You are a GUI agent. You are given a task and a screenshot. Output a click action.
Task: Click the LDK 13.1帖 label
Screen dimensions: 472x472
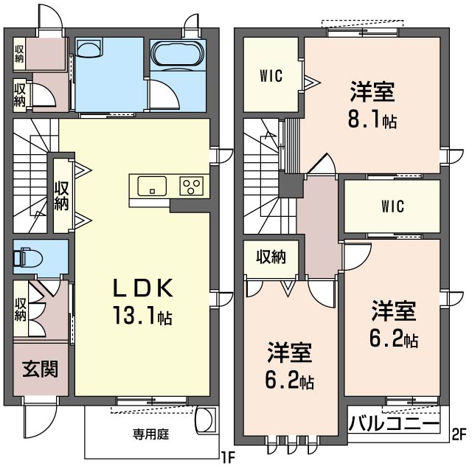tap(142, 302)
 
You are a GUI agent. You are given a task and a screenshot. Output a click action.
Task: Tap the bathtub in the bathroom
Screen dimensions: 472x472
tap(178, 54)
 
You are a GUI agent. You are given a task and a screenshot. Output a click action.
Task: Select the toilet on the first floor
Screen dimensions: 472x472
tap(28, 257)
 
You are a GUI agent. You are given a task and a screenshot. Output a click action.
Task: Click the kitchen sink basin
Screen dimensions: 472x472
tap(152, 186)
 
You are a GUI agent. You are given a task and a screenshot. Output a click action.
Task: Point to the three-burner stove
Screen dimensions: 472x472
tap(192, 186)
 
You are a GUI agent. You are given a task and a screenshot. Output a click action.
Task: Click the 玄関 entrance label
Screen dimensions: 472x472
tap(40, 369)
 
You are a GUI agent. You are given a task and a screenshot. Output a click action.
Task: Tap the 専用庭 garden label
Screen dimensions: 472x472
tap(150, 434)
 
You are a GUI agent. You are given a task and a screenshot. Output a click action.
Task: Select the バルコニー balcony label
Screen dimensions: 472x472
tap(394, 423)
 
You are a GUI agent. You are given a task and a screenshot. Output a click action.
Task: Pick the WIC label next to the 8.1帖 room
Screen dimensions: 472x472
tap(271, 76)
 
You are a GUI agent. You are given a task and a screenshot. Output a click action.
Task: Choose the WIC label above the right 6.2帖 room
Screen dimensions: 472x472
tap(392, 206)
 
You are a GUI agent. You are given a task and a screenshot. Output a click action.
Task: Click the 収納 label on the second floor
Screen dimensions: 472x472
tap(271, 257)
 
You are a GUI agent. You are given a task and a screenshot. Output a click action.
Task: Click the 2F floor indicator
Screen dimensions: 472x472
tap(459, 434)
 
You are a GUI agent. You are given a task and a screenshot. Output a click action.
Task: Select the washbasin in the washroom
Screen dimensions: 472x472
tap(88, 47)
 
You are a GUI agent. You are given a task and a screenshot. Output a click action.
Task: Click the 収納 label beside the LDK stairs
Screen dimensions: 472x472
tap(61, 195)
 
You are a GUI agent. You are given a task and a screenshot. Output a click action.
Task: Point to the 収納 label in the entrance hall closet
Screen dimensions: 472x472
tap(21, 309)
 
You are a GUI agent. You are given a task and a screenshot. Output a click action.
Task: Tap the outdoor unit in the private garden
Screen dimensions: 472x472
tap(206, 421)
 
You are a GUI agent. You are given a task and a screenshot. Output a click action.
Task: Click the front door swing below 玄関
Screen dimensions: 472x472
tap(40, 421)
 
